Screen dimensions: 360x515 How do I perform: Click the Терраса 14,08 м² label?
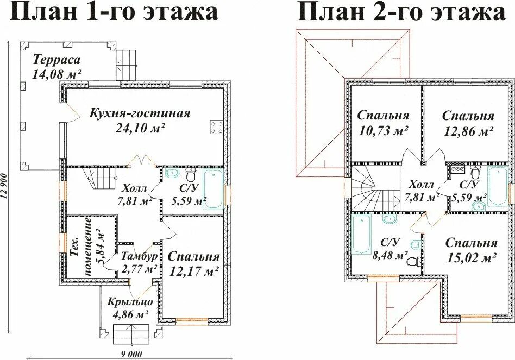coord(56,67)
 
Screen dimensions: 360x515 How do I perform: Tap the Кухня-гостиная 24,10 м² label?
coord(140,121)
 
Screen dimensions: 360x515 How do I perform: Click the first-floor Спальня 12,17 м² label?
coord(193,263)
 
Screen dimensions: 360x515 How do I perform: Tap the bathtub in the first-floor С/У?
coord(213,188)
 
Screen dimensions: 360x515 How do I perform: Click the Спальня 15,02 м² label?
coord(471,250)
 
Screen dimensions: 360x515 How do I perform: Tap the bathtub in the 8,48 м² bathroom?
coord(360,233)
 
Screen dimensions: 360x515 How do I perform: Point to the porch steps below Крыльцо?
coord(130,332)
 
